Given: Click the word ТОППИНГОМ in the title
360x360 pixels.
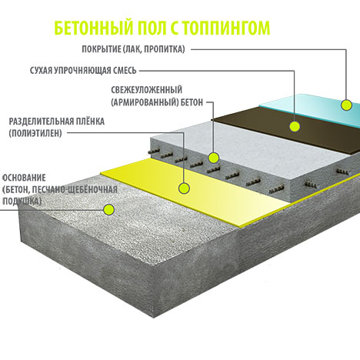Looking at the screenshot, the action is (x=227, y=28).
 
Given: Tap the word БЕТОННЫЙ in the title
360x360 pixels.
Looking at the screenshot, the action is (x=94, y=28).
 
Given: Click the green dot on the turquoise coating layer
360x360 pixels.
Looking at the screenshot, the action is (x=346, y=105).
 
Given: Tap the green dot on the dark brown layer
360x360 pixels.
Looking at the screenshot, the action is (x=295, y=126).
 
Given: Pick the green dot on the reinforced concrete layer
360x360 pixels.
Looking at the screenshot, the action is (x=213, y=158).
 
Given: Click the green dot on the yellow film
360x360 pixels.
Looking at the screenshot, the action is (x=184, y=188).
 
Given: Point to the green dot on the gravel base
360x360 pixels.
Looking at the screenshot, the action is (x=108, y=209).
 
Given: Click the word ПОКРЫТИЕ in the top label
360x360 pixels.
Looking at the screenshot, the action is (x=101, y=49).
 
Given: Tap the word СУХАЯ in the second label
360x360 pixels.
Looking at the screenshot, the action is (x=42, y=70).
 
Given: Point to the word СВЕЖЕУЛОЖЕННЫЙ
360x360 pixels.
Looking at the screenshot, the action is (x=146, y=90).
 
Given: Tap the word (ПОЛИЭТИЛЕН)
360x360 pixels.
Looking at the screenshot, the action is (x=35, y=133).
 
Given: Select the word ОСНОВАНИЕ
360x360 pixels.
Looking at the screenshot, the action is (x=24, y=178).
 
